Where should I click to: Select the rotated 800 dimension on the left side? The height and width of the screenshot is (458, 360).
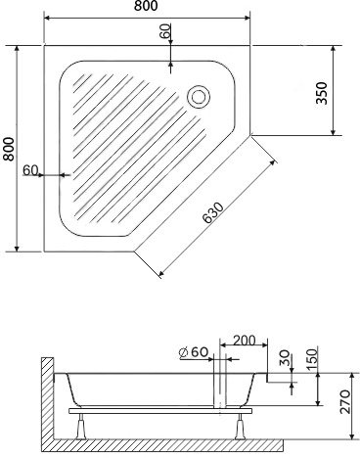[9, 148]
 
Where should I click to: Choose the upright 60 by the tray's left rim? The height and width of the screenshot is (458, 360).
[29, 170]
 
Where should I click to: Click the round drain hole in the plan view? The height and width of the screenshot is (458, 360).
[200, 96]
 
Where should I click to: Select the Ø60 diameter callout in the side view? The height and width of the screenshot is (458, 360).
[194, 351]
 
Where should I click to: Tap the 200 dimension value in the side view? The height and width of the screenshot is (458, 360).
[246, 341]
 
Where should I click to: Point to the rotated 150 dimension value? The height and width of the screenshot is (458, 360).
[311, 357]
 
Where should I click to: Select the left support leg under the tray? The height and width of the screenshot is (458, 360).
[84, 424]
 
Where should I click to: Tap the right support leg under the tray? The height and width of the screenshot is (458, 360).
[242, 424]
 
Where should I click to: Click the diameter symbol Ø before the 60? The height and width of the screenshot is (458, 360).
[184, 351]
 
